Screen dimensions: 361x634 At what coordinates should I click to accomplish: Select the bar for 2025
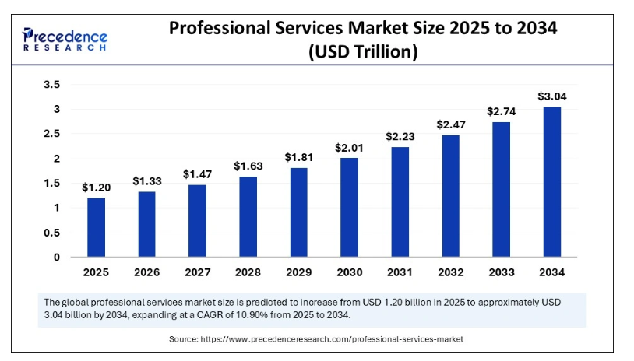pyautogui.click(x=96, y=227)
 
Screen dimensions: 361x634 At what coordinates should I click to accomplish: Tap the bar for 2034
pyautogui.click(x=551, y=182)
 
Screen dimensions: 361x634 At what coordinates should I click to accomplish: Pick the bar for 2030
pyautogui.click(x=349, y=207)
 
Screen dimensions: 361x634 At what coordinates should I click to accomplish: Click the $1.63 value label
pyautogui.click(x=248, y=166)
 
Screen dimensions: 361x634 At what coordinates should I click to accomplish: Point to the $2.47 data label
pyautogui.click(x=450, y=124)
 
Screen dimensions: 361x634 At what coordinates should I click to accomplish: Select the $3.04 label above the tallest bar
pyautogui.click(x=551, y=96)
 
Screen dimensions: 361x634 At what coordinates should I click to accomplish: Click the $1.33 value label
pyautogui.click(x=146, y=180)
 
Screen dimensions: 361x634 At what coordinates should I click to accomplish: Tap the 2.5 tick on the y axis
pyautogui.click(x=51, y=134)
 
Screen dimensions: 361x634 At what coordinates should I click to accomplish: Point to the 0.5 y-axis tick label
pyautogui.click(x=51, y=233)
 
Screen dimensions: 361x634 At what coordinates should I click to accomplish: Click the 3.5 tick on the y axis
pyautogui.click(x=51, y=84)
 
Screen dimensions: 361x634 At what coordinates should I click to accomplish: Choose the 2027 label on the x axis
pyautogui.click(x=197, y=273)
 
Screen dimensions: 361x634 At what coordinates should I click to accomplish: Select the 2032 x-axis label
pyautogui.click(x=450, y=273)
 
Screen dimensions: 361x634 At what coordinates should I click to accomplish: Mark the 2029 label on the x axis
pyautogui.click(x=298, y=273)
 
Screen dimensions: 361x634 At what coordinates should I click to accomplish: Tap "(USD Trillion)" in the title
pyautogui.click(x=363, y=52)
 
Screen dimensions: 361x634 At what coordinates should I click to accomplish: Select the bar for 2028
pyautogui.click(x=248, y=216)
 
